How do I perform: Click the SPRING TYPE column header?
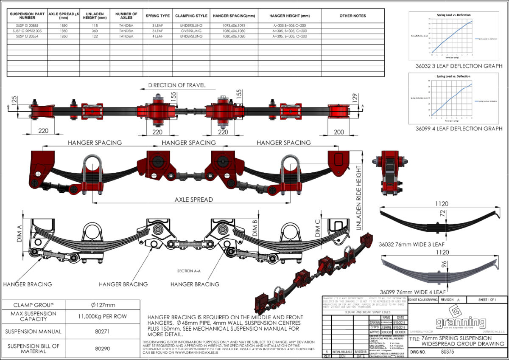pyautogui.click(x=157, y=16)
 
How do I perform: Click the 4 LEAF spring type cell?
pyautogui.click(x=157, y=37)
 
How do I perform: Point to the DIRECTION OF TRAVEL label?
pyautogui.click(x=176, y=85)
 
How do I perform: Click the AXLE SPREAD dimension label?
pyautogui.click(x=193, y=199)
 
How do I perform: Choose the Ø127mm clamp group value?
pyautogui.click(x=103, y=305)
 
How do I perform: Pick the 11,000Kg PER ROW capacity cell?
pyautogui.click(x=103, y=316)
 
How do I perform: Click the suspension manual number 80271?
pyautogui.click(x=103, y=332)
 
